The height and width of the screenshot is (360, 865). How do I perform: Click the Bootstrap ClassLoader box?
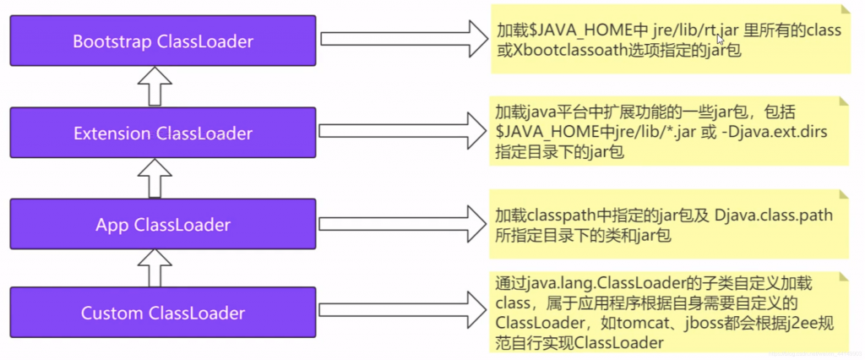163,41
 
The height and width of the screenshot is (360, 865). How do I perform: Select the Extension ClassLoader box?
163,133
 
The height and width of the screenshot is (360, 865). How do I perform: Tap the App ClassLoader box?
163,225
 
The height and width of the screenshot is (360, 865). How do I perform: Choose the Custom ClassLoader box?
163,313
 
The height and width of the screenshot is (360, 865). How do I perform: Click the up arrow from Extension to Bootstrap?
155,87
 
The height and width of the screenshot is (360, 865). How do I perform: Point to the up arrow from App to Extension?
155,178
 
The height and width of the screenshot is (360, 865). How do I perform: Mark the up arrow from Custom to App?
155,269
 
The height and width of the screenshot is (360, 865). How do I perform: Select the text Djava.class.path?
773,214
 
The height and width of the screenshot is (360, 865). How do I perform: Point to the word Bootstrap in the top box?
112,41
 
